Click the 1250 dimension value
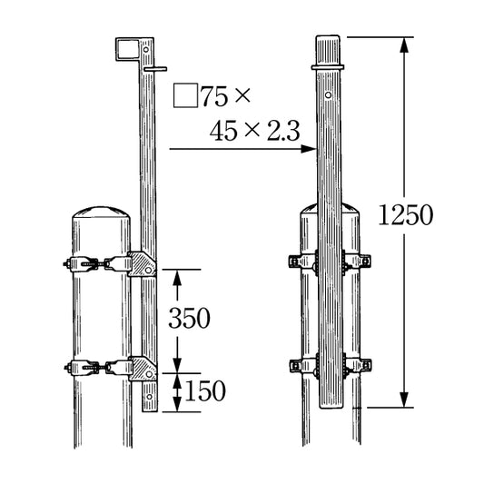[x=405, y=215]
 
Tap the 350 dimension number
[x=189, y=318]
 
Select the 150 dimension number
[x=205, y=390]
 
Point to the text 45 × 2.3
[x=254, y=131]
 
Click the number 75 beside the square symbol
[x=214, y=96]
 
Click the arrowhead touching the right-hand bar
[x=309, y=149]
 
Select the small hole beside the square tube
[x=146, y=49]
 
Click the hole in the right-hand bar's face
[x=329, y=94]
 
